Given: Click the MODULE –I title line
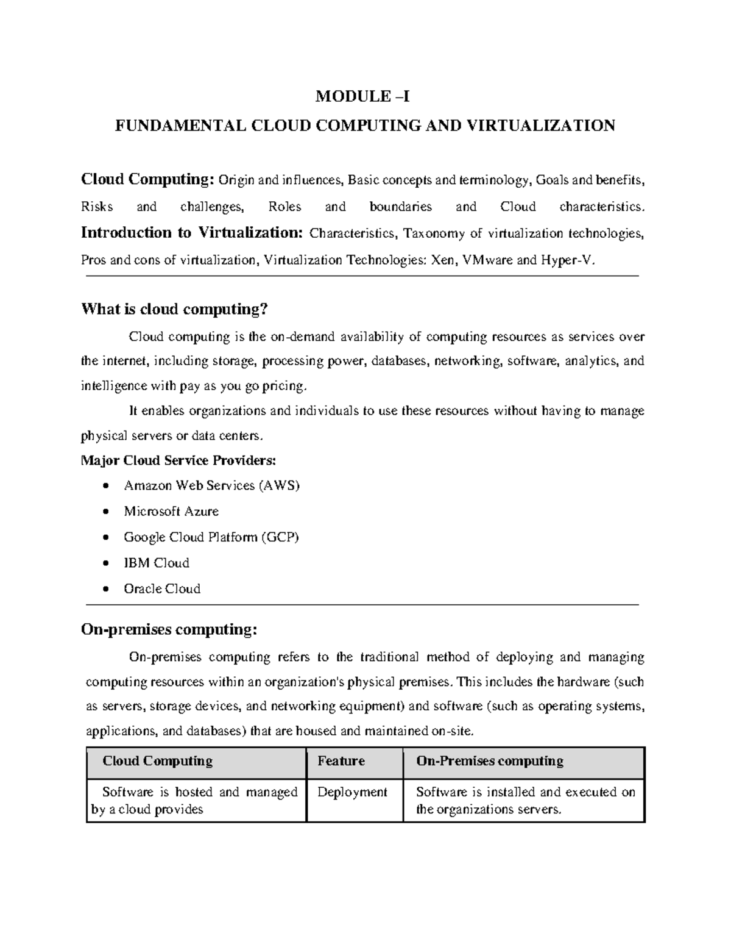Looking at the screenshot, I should (365, 96).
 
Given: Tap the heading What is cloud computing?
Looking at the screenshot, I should (175, 310).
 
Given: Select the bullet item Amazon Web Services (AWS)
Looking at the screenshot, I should (211, 486).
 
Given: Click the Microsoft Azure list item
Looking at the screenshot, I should (171, 512).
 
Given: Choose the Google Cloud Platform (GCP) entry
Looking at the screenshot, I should (211, 537).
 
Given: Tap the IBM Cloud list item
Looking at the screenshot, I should (157, 563).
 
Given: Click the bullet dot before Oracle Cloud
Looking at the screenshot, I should (107, 589).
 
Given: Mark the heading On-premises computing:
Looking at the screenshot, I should (169, 629).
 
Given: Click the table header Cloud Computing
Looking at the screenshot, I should (157, 761).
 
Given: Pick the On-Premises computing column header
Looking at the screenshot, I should (489, 761).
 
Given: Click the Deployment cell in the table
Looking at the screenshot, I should (352, 792).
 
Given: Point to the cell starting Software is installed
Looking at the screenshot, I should (524, 800).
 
